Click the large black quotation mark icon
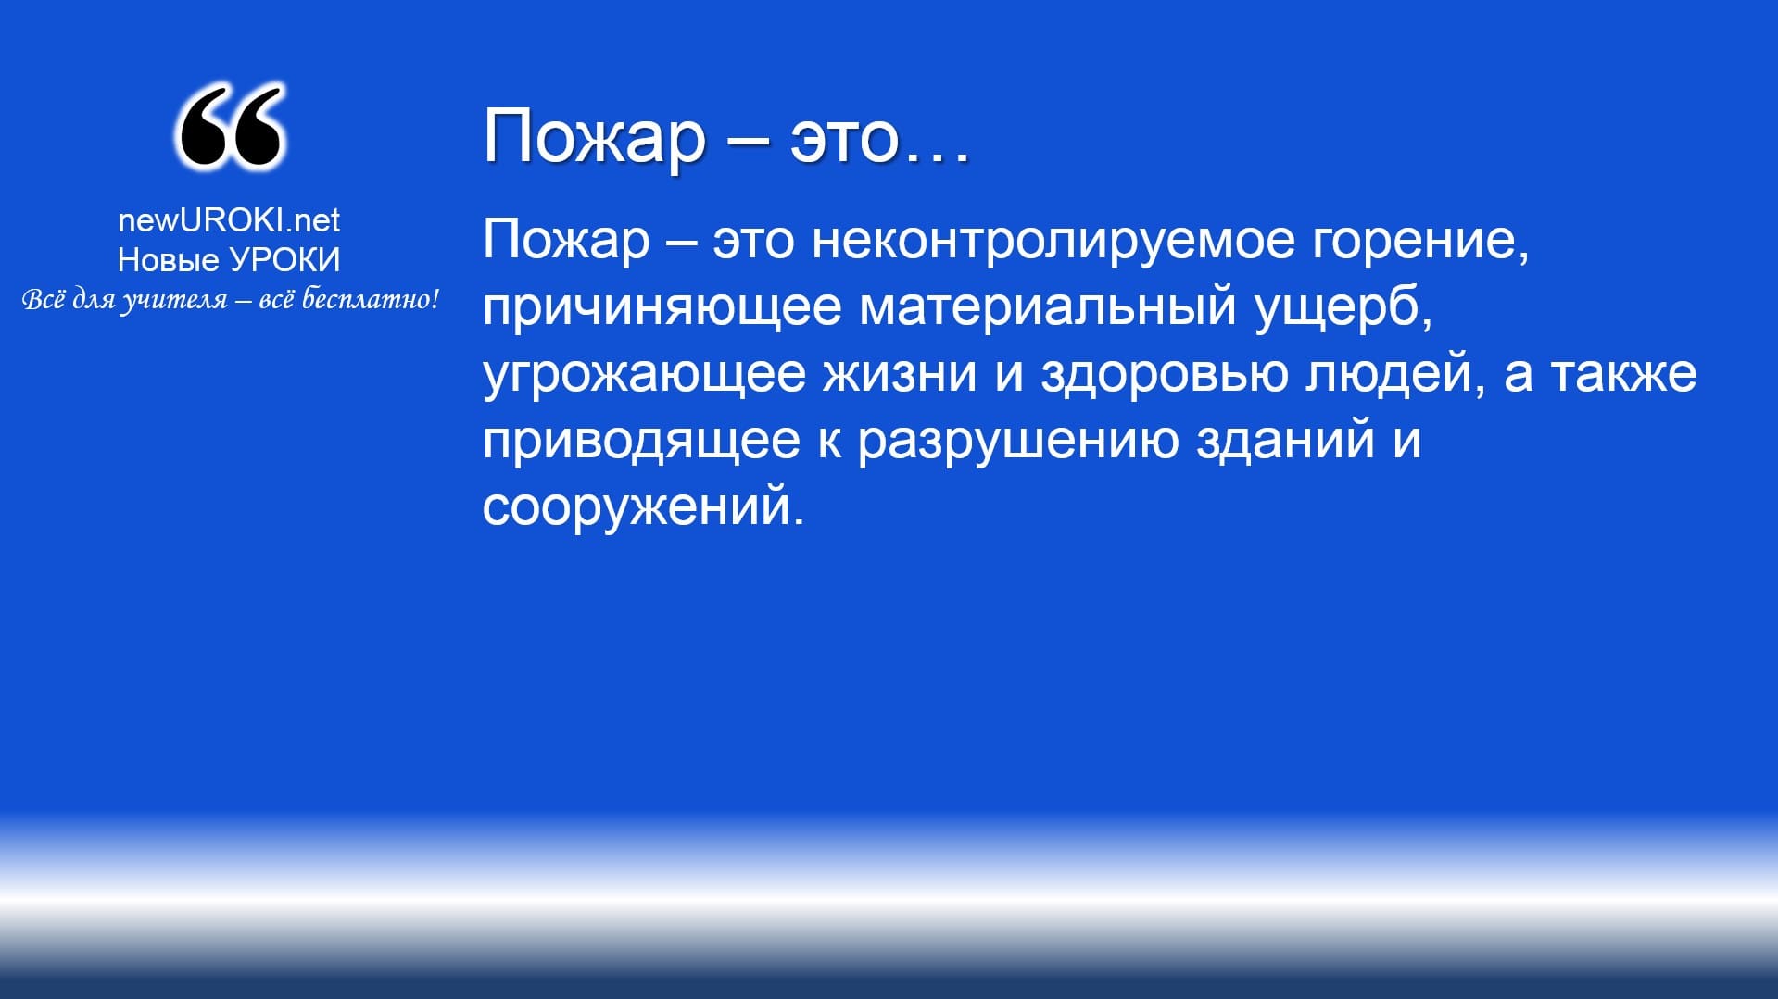[229, 127]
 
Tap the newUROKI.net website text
[229, 219]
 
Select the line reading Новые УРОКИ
[229, 260]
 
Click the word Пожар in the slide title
[594, 138]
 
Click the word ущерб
[1343, 307]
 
